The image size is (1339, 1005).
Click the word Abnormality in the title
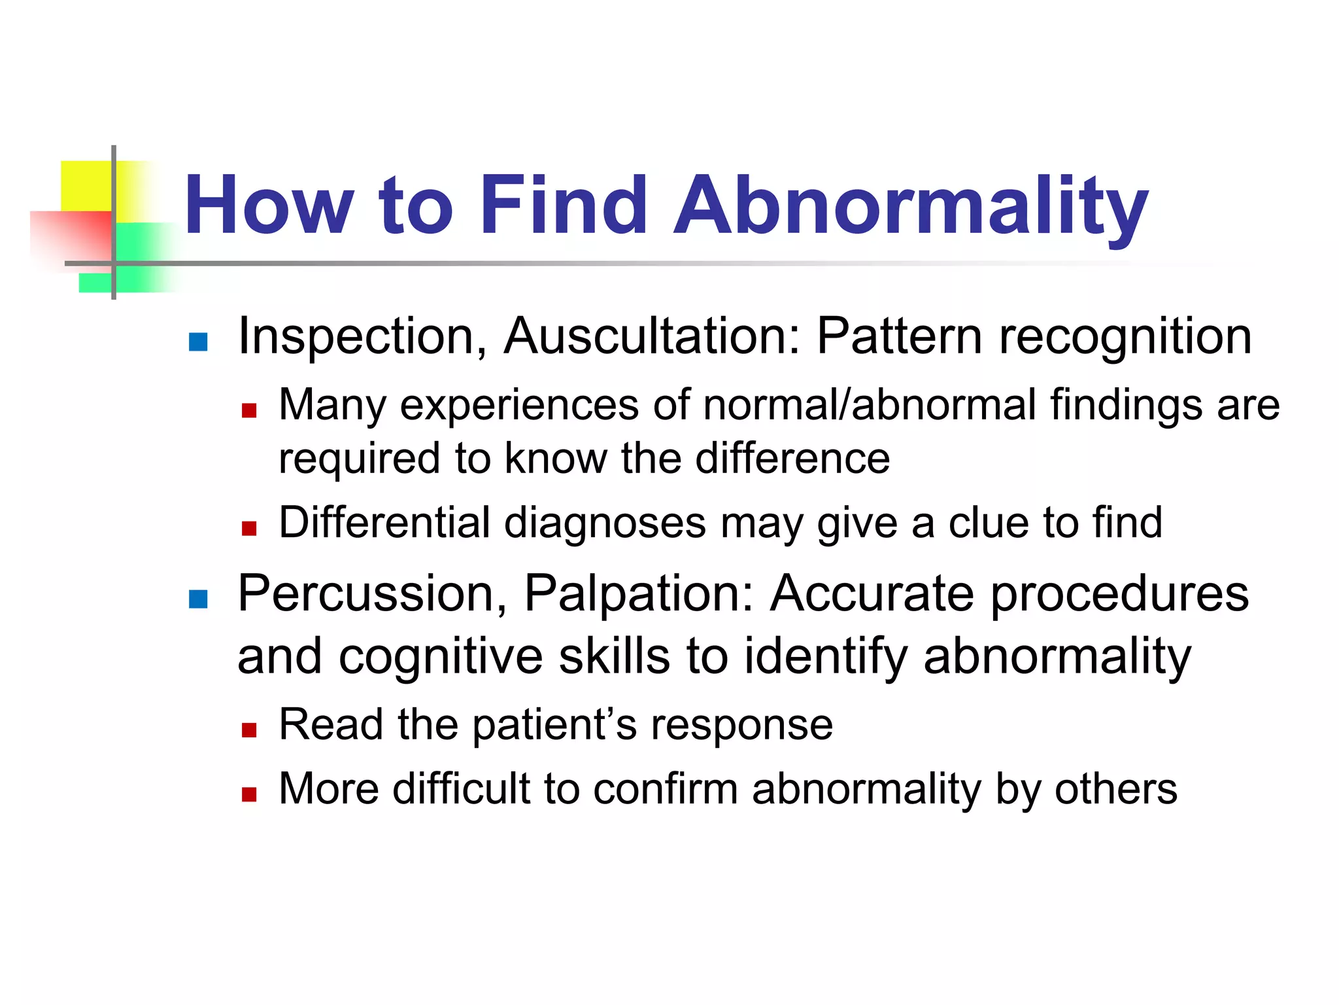coord(910,206)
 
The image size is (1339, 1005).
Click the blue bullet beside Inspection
coord(198,342)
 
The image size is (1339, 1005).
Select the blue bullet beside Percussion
coord(198,599)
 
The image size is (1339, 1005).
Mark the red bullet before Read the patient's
coord(249,730)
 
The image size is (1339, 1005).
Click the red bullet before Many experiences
coord(249,411)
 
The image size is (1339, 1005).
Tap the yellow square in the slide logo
coord(86,185)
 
